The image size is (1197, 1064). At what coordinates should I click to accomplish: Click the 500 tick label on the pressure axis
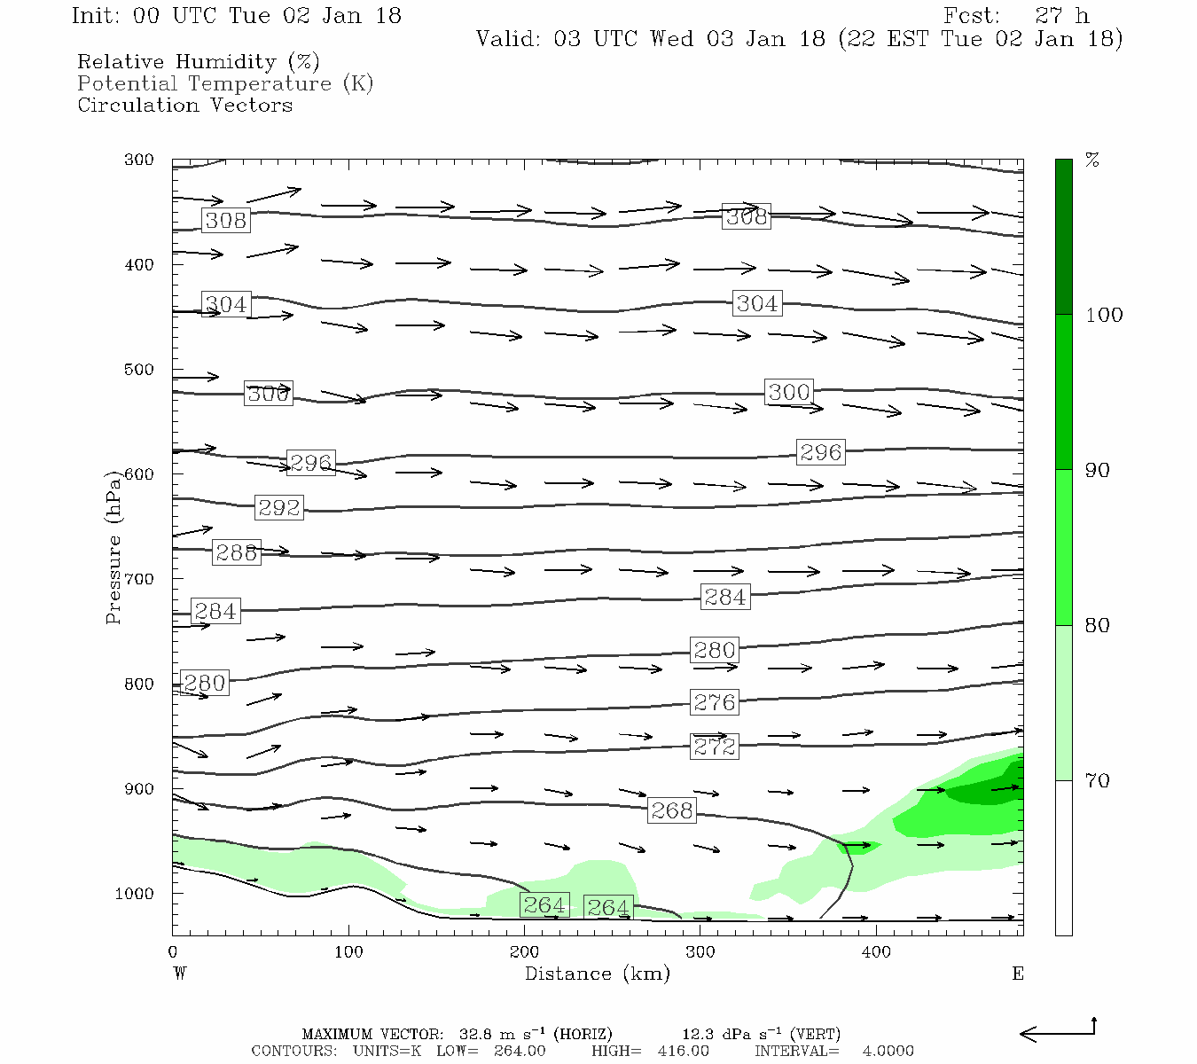(x=139, y=370)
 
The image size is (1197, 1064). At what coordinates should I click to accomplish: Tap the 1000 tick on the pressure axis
(x=135, y=894)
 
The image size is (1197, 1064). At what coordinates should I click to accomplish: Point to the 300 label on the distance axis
(x=700, y=952)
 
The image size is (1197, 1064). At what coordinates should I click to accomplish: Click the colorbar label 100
(x=1104, y=315)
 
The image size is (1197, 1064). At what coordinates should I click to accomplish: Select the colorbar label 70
(x=1098, y=780)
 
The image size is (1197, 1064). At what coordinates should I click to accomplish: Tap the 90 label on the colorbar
(x=1098, y=470)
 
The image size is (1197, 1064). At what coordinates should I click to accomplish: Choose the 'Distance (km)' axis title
(x=597, y=974)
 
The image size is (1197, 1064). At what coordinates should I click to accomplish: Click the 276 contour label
(x=715, y=703)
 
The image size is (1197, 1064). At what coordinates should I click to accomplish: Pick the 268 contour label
(x=672, y=811)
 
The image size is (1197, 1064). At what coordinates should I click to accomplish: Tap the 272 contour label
(x=715, y=747)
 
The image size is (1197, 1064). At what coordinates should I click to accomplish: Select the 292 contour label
(x=279, y=508)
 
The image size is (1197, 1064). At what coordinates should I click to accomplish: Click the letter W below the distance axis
(x=180, y=974)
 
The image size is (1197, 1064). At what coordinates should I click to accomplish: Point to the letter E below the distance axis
(x=1018, y=974)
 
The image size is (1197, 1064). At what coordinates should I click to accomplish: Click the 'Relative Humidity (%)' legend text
(x=198, y=62)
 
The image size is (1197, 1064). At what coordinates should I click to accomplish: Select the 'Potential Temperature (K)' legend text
(x=225, y=83)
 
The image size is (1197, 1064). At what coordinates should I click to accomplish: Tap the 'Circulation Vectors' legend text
(x=184, y=105)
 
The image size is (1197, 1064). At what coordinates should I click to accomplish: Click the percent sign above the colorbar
(x=1092, y=160)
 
